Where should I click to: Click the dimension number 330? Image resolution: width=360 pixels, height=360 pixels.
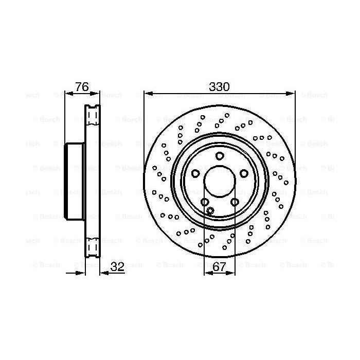[x=220, y=87]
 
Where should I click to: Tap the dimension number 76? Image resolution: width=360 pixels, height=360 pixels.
[x=81, y=87]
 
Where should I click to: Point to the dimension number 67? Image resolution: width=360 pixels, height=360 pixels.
[x=220, y=266]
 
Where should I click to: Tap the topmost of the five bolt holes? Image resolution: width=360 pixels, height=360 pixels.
[x=220, y=156]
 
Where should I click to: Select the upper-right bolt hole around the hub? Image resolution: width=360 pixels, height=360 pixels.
[x=244, y=173]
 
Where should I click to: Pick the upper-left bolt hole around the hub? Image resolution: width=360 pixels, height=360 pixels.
[x=195, y=173]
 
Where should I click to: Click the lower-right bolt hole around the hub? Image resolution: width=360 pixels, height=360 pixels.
[x=235, y=202]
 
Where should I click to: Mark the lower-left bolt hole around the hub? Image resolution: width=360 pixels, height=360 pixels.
[x=205, y=202]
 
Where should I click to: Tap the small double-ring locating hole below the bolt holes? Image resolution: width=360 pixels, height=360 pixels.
[x=210, y=210]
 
